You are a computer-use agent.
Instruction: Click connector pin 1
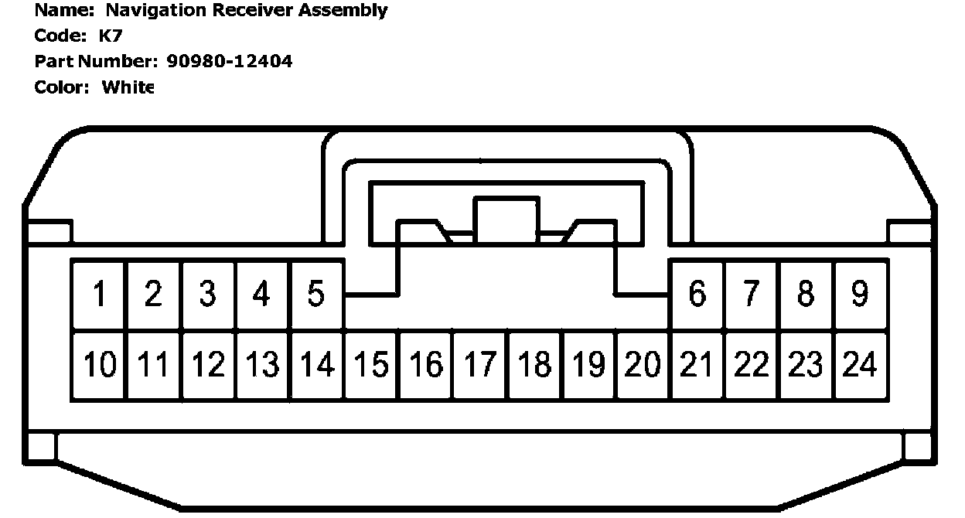coord(99,295)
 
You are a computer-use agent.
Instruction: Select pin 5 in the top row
coord(315,295)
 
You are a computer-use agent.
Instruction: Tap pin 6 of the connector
coord(697,295)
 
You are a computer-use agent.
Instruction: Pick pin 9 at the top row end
coord(859,295)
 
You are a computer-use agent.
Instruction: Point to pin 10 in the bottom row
coord(99,365)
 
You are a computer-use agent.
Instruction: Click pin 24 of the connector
coord(859,365)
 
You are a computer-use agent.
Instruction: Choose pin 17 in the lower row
coord(479,365)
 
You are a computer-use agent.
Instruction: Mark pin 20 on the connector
coord(643,365)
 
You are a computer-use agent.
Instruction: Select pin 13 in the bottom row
coord(261,365)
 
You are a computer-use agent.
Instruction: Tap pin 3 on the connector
coord(207,295)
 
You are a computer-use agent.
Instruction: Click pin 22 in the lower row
coord(751,365)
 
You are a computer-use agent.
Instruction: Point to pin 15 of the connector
coord(370,365)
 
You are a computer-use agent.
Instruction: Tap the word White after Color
coord(128,87)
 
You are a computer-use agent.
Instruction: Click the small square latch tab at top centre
coord(506,220)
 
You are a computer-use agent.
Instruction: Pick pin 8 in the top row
coord(805,295)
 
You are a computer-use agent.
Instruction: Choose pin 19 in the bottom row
coord(588,365)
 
